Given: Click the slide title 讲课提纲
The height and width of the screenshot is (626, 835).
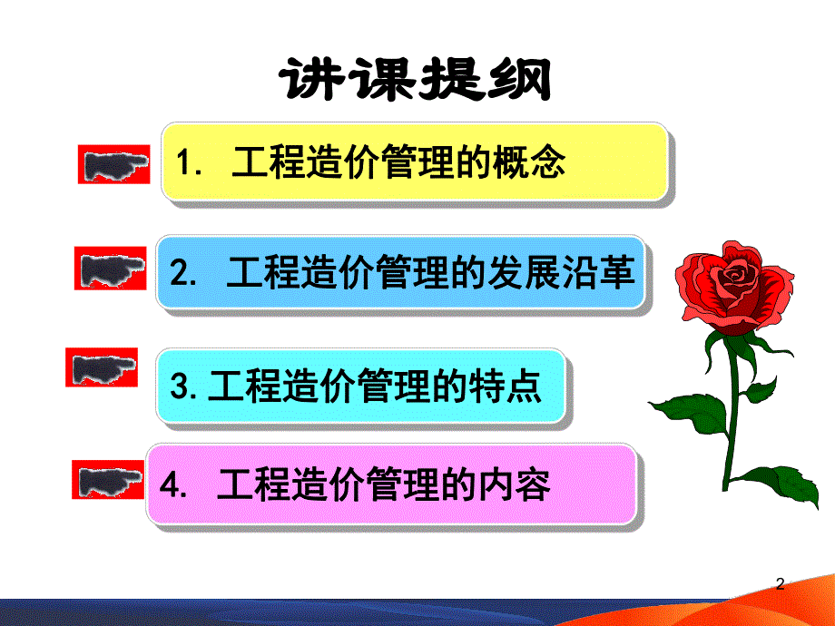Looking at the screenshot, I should coord(417,83).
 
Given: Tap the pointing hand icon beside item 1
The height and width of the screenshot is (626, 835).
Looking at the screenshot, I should coord(112,164).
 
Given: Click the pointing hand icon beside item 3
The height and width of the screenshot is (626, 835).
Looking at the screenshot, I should coord(102,368).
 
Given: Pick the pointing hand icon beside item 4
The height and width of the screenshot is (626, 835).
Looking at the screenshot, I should coord(107,479).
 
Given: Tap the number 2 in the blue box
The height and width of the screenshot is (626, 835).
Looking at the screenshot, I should coord(179,275).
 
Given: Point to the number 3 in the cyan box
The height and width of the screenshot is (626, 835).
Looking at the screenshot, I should coord(179,388).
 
